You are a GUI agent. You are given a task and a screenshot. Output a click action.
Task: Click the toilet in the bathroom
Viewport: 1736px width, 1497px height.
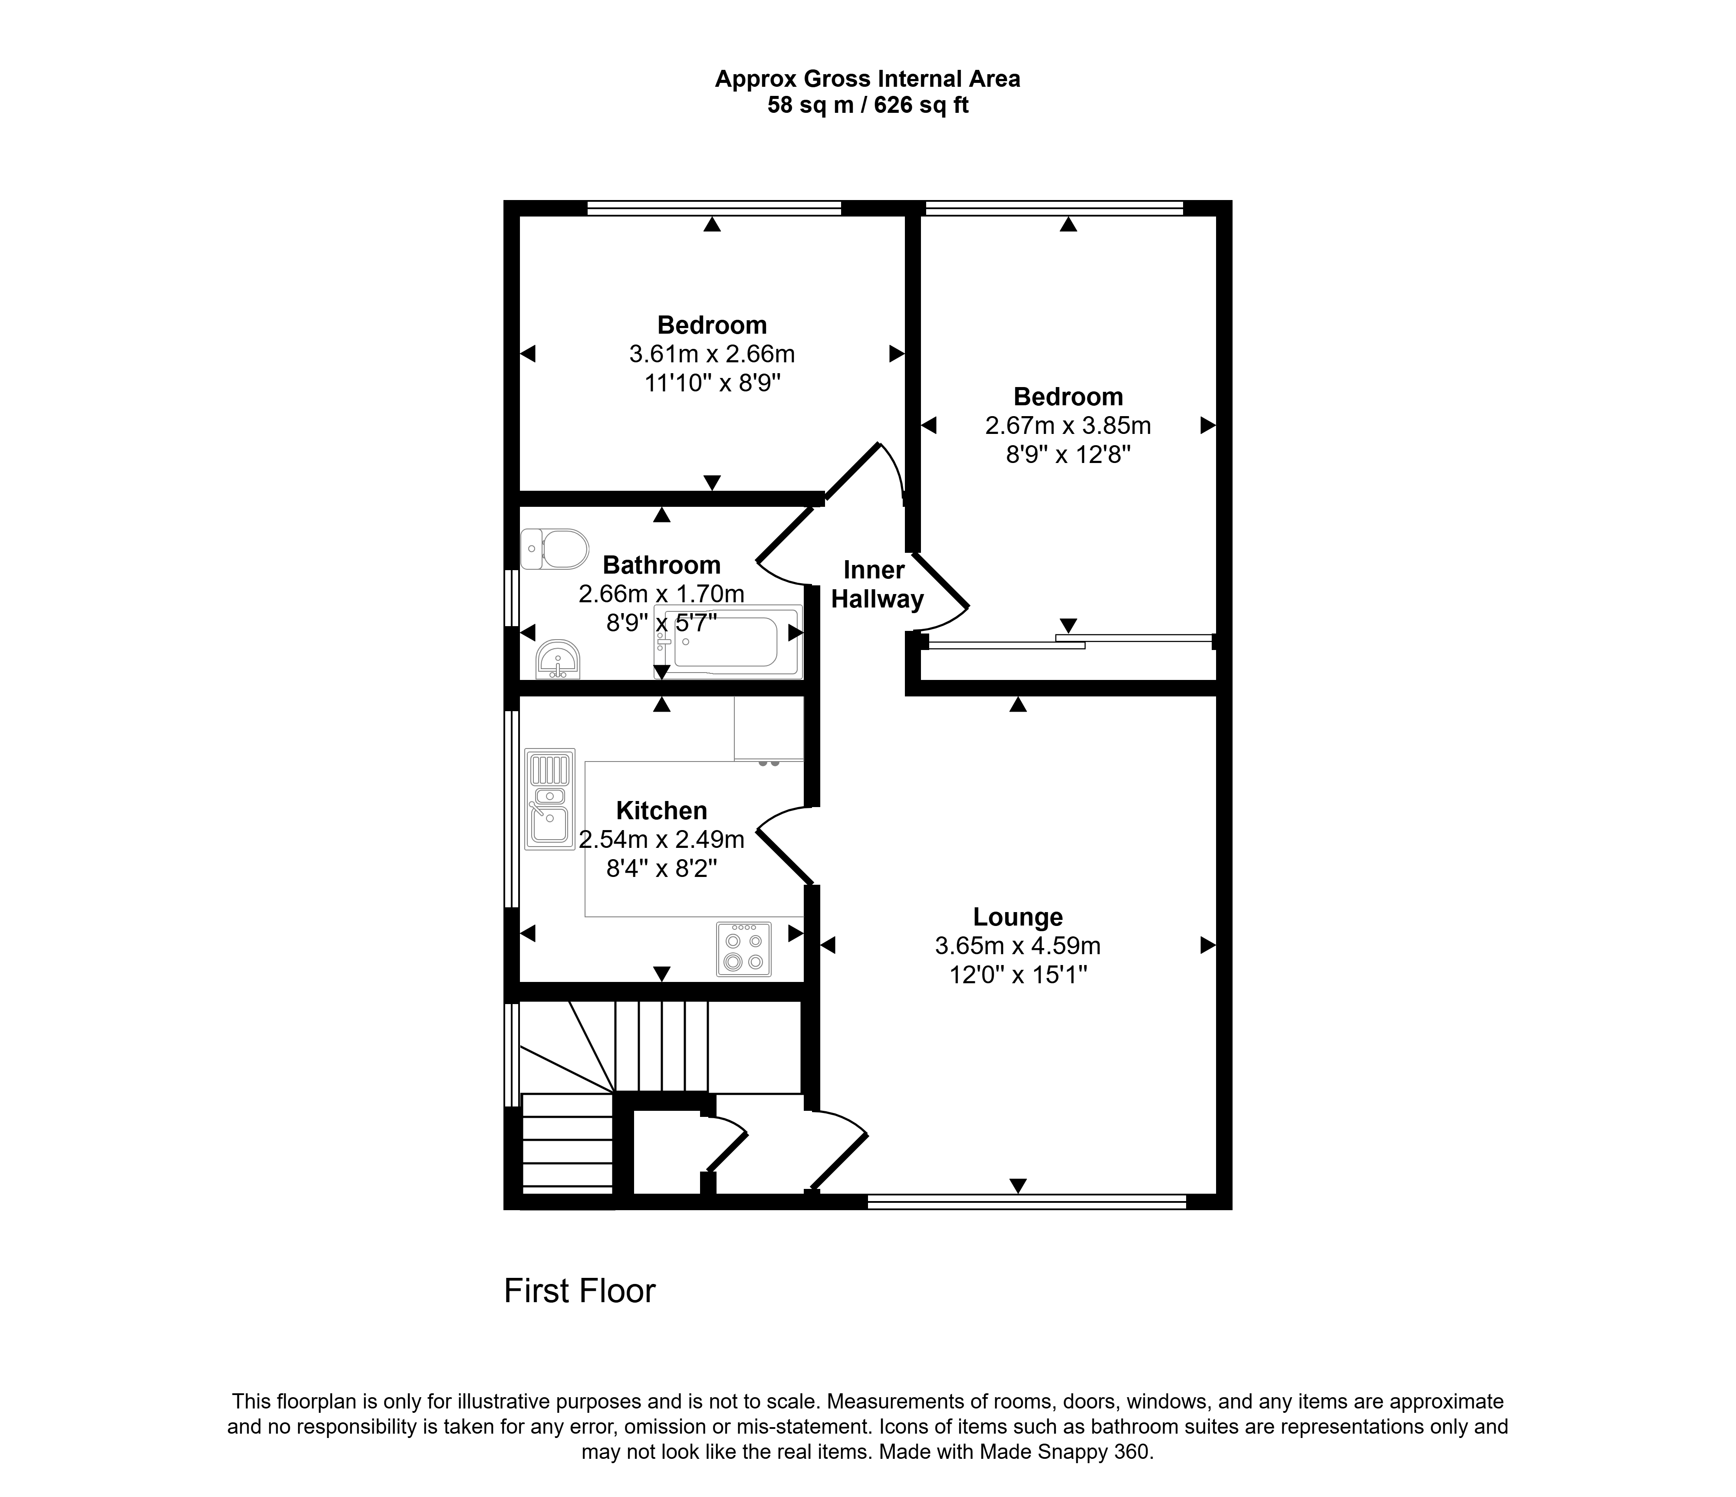coord(554,549)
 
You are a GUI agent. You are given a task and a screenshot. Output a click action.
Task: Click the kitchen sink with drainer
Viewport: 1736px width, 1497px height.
coord(549,798)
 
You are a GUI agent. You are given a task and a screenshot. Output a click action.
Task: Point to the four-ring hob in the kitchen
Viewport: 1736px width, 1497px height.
coord(744,949)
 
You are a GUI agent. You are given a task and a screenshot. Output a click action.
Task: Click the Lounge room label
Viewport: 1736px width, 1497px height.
coord(1018,917)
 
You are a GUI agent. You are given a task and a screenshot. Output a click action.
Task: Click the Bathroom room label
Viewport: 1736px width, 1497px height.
coord(662,565)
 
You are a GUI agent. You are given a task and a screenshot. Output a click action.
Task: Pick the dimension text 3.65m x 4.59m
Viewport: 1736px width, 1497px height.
coord(1018,946)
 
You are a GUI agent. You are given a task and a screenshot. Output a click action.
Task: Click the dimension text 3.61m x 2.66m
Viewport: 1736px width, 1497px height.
coord(712,355)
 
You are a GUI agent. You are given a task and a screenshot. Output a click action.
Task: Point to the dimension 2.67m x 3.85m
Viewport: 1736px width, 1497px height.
coord(1068,426)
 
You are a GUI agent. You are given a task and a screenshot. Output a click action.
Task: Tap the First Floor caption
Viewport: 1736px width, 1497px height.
coord(580,1291)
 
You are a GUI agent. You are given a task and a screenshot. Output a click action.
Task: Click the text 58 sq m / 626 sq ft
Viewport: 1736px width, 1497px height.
coord(868,105)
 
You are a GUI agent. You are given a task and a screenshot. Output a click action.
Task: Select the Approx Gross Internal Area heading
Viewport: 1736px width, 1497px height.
coord(868,79)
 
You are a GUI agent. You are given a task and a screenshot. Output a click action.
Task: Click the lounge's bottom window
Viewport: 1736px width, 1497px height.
coord(1027,1201)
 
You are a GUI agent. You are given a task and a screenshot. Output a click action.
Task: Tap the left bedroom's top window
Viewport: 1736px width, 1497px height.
coord(715,208)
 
